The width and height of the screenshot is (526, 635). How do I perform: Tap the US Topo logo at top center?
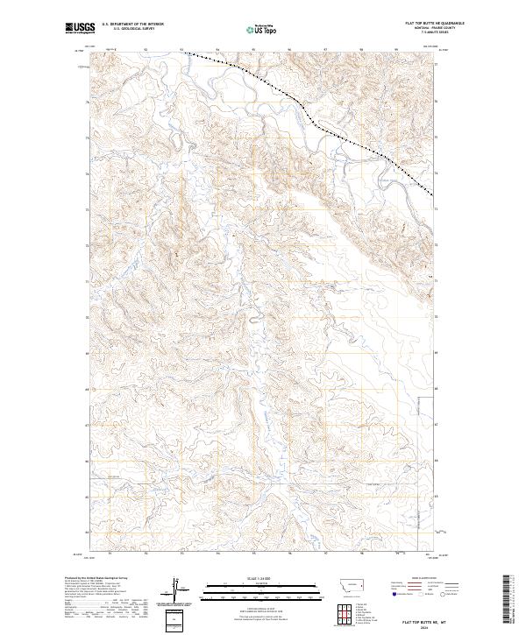(x=261, y=29)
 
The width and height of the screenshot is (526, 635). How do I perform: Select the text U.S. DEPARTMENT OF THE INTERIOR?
(x=132, y=24)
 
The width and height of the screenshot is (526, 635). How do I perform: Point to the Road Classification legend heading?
(x=421, y=579)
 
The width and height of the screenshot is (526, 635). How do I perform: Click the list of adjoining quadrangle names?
(x=367, y=611)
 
